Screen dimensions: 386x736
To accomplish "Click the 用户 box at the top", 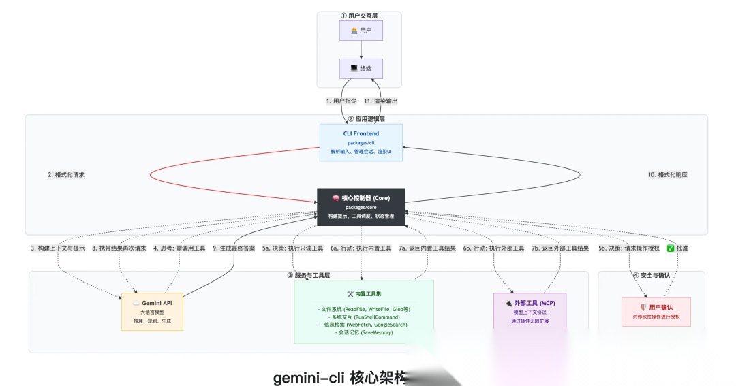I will (361, 31).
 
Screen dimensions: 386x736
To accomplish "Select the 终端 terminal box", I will (361, 69).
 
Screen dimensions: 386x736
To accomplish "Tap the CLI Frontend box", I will (361, 142).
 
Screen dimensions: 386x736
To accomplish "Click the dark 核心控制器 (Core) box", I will (361, 206).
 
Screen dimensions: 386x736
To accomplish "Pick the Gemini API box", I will (152, 311).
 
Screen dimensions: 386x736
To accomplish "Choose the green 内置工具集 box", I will (363, 311).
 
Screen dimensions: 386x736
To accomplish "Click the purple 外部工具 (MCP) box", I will (530, 311).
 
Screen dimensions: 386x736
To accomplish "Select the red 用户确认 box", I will (656, 311).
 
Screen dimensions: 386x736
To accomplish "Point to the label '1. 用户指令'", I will (341, 101).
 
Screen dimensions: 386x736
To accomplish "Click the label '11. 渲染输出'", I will (380, 101).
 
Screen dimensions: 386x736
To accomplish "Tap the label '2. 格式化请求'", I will (66, 175).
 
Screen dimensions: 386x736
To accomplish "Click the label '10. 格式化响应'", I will (667, 175).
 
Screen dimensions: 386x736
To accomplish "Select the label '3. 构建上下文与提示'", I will (58, 248).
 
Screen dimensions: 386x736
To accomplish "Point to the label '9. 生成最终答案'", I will (234, 248).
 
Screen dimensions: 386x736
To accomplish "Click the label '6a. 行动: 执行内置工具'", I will (361, 248).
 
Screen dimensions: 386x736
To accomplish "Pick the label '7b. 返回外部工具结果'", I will (560, 248).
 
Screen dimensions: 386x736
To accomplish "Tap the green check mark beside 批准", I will (670, 248).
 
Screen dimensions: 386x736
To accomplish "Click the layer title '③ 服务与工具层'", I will (308, 276).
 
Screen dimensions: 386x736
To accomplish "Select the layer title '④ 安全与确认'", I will (651, 276).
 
